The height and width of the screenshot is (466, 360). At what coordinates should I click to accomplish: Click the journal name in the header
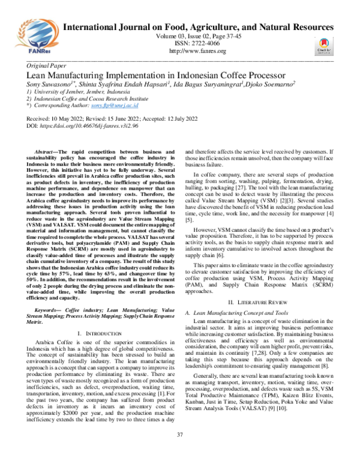(x=198, y=28)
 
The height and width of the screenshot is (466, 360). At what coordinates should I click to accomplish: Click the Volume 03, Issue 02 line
(x=198, y=37)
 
